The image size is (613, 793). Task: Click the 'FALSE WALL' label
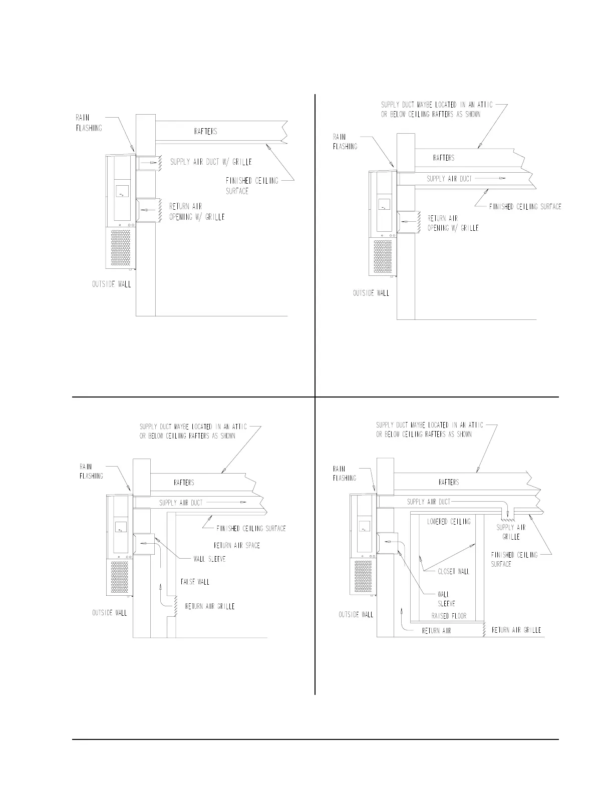coord(195,582)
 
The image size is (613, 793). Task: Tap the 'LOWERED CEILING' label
coord(449,521)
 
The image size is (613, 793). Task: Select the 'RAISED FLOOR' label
coord(449,616)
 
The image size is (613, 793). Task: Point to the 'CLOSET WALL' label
coord(454,571)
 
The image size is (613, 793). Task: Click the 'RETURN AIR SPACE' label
coord(237,545)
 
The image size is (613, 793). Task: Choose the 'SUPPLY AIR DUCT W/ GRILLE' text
coord(211,162)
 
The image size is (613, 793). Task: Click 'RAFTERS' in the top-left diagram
coord(205,132)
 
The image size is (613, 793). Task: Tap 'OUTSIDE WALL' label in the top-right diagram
coord(371,293)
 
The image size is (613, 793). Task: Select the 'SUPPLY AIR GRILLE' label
coord(511,532)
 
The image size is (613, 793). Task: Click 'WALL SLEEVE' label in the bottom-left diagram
coord(209,559)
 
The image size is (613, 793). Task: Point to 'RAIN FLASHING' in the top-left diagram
coord(89,123)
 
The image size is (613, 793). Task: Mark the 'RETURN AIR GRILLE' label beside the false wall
coord(210,606)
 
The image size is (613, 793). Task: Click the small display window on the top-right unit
coord(384,204)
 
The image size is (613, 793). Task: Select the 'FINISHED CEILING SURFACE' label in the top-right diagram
coord(525,206)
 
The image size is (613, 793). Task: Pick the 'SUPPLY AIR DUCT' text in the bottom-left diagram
coord(181,503)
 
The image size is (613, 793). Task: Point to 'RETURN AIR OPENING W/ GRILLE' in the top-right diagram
coord(453,223)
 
